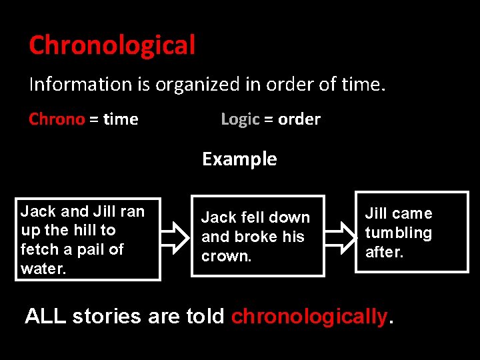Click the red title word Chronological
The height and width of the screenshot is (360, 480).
coord(112,45)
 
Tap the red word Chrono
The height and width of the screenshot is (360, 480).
coord(57,119)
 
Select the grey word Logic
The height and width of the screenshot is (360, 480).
coord(240,119)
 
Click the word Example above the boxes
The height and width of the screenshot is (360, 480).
coord(239,159)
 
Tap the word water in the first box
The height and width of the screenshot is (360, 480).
coord(43,268)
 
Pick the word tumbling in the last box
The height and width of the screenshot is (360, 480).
coord(398,233)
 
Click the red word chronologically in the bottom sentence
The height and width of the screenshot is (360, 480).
coord(309,316)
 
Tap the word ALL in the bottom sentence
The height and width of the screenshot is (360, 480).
coord(45,316)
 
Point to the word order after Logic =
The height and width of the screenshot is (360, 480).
coord(299,119)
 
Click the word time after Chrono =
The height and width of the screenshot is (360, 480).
coord(121,119)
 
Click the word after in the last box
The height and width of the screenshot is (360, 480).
coord(384,252)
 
